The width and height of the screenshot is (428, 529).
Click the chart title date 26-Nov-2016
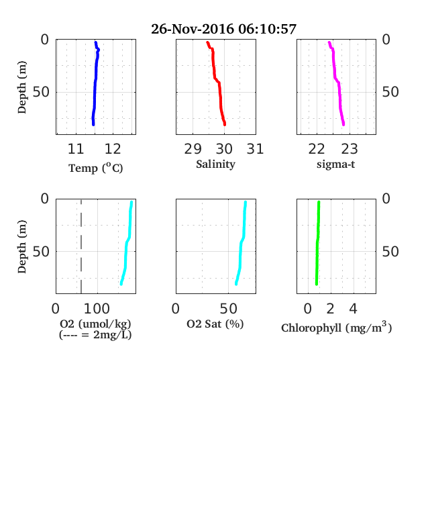(x=193, y=29)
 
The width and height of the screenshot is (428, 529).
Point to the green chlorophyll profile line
(x=317, y=243)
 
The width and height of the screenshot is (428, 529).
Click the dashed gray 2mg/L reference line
(x=81, y=246)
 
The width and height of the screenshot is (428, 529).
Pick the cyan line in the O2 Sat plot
(x=241, y=243)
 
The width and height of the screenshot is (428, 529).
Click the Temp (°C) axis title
(x=96, y=168)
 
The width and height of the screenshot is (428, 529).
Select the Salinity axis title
(x=216, y=164)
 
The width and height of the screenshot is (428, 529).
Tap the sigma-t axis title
(x=335, y=164)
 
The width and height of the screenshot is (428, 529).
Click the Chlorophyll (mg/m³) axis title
(x=337, y=327)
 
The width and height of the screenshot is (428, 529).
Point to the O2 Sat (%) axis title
(x=215, y=324)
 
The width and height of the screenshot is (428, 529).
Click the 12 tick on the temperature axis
(x=113, y=149)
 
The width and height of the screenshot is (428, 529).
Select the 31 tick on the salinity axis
(x=255, y=149)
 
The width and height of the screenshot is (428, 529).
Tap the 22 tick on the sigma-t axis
(x=317, y=149)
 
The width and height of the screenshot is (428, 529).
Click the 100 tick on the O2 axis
(x=97, y=309)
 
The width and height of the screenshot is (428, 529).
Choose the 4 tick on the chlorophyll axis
(x=353, y=309)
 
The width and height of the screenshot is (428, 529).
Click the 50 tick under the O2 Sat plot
(x=229, y=309)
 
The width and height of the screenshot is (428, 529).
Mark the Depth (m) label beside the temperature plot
(x=21, y=87)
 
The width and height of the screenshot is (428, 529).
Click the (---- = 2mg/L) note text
(x=95, y=335)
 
